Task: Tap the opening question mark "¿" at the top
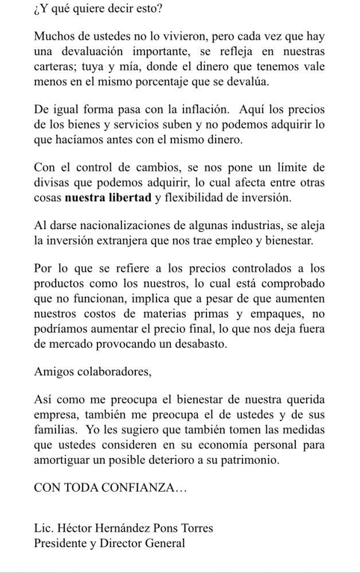pyautogui.click(x=37, y=10)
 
